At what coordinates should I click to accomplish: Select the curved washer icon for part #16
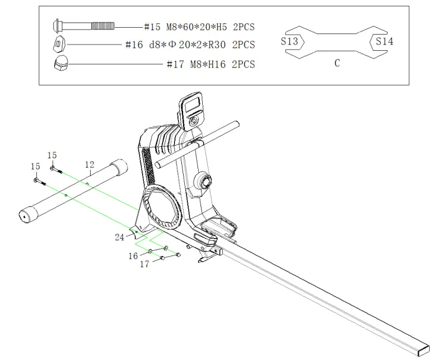59,44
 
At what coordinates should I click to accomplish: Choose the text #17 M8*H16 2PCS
210,64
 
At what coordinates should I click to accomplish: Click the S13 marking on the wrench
290,41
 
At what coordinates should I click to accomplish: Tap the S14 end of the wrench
385,41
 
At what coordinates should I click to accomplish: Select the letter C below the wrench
337,64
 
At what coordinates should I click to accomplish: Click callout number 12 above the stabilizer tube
90,165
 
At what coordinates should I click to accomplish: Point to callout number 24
119,236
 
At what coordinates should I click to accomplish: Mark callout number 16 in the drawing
133,255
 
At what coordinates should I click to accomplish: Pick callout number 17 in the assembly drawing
144,264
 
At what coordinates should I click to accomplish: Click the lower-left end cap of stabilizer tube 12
26,215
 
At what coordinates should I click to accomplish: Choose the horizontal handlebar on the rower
199,144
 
